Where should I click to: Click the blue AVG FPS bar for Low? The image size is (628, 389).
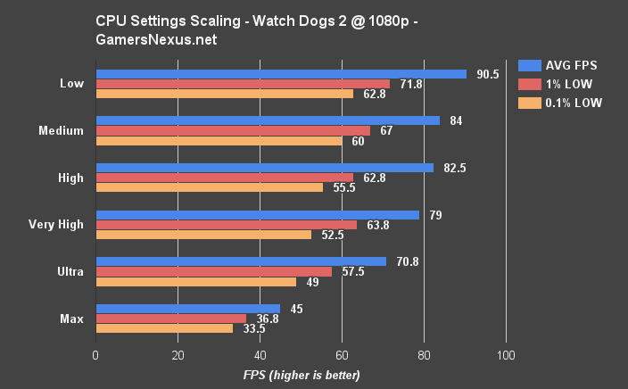coord(281,74)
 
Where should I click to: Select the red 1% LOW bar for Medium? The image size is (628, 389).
coord(233,130)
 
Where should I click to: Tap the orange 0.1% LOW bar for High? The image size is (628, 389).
coord(210,187)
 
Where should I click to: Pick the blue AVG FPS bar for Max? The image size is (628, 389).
coord(187,309)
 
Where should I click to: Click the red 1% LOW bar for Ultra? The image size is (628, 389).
coord(213,271)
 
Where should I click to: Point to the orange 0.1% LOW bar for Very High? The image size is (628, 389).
coord(203,235)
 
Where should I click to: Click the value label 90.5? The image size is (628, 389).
coord(485,74)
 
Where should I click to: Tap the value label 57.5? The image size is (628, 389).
coord(351,271)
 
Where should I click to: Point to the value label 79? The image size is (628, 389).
coord(436,215)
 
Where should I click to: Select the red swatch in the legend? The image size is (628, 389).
coord(530,84)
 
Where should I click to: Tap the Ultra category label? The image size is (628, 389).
coord(70,271)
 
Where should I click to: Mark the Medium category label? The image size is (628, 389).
coord(62,130)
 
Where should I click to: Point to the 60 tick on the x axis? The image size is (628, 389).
coord(342,353)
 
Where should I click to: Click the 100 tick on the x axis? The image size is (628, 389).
coord(506,353)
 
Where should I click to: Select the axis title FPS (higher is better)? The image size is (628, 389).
coord(302,375)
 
